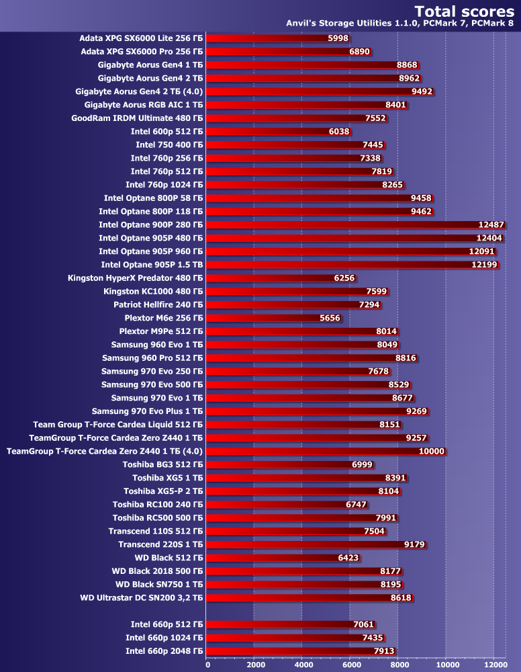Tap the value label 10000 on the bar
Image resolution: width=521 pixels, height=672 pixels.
(431, 451)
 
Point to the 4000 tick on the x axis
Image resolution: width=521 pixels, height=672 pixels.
(302, 665)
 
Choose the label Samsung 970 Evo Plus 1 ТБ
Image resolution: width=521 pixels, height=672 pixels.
(147, 411)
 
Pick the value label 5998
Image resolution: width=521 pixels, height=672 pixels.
(338, 38)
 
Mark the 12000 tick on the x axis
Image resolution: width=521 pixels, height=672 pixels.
(493, 665)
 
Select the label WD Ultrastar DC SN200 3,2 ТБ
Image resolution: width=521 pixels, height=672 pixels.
(141, 597)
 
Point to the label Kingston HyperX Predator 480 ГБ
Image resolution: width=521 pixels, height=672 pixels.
(135, 278)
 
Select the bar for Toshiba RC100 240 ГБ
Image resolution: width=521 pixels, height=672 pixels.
(279, 504)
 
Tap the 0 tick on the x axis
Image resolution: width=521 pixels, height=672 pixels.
(207, 665)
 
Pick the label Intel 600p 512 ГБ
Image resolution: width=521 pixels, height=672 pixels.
(167, 132)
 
